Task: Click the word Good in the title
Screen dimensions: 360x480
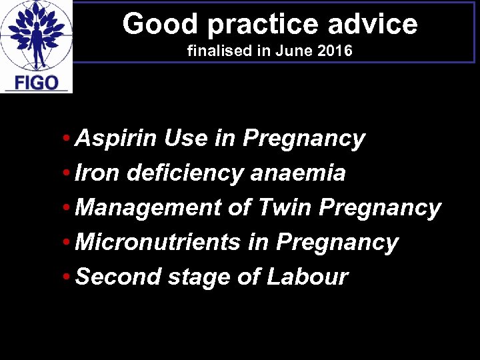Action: pos(151,25)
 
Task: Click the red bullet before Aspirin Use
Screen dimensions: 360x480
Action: pos(69,139)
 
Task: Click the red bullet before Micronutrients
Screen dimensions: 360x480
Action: pos(69,243)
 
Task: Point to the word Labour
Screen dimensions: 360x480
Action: pos(307,277)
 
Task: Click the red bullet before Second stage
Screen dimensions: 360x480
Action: pos(69,277)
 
